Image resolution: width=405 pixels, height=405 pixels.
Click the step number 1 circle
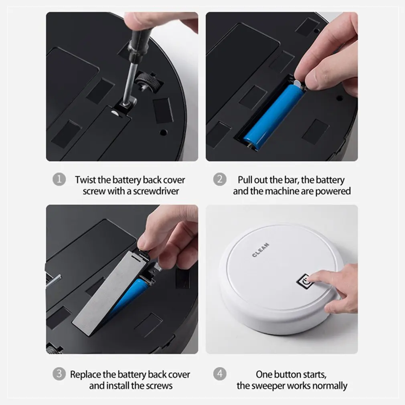59,179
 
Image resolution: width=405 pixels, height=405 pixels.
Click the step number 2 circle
219,179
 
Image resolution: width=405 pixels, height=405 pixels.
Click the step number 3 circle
59,375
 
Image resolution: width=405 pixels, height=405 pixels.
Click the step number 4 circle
219,375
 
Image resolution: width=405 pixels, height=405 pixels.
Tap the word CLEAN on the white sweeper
261,250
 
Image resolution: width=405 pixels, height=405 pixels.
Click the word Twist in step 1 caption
85,180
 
